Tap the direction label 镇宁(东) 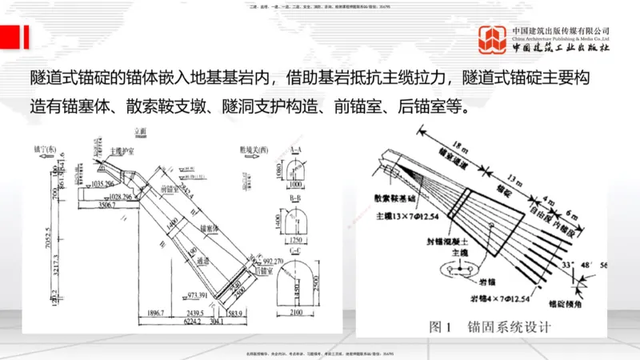tap(45, 149)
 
